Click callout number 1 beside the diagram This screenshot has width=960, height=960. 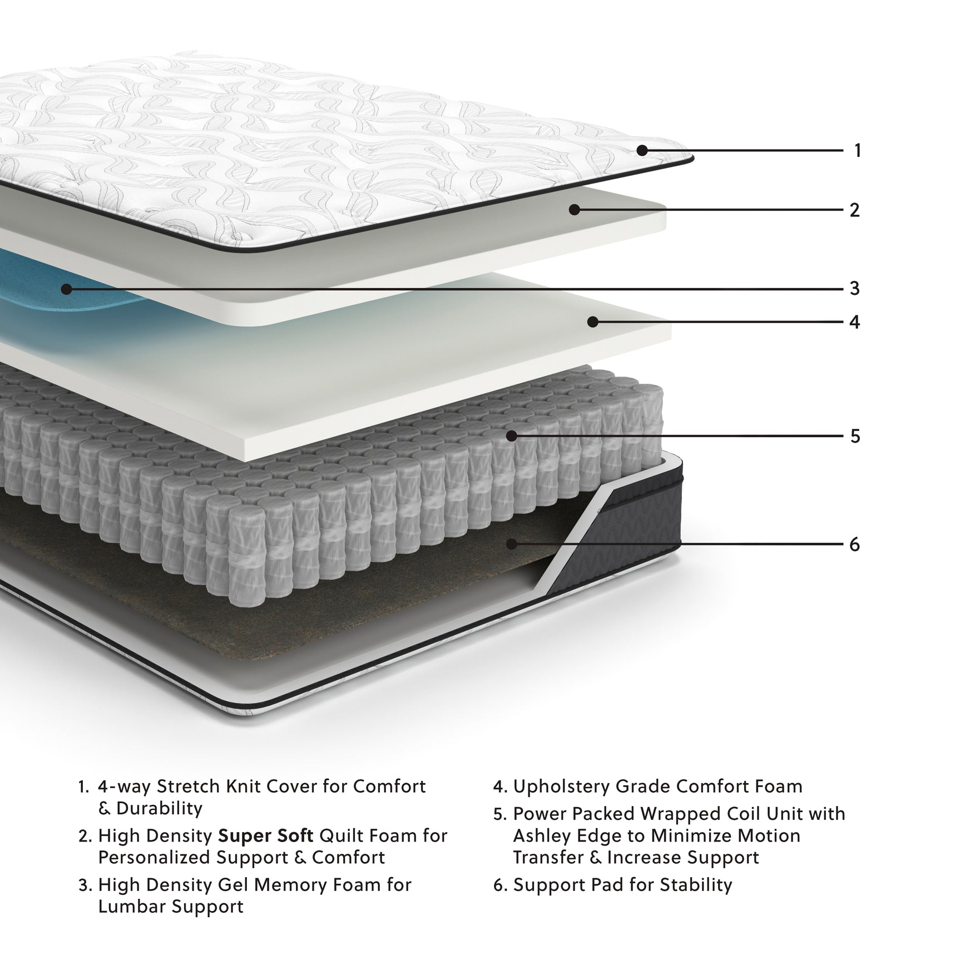857,150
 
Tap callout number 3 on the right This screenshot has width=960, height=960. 855,288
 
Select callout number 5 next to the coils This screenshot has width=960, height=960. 855,436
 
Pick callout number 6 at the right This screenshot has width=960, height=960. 855,544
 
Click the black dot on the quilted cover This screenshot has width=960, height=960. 642,150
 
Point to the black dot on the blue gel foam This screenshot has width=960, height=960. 66,289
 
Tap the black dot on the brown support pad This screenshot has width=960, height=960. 512,543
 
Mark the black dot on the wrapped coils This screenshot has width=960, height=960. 511,436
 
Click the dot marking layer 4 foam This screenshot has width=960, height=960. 593,321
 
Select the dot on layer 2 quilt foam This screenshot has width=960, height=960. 575,210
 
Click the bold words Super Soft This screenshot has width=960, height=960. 265,835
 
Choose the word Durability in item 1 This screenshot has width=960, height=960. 159,808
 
